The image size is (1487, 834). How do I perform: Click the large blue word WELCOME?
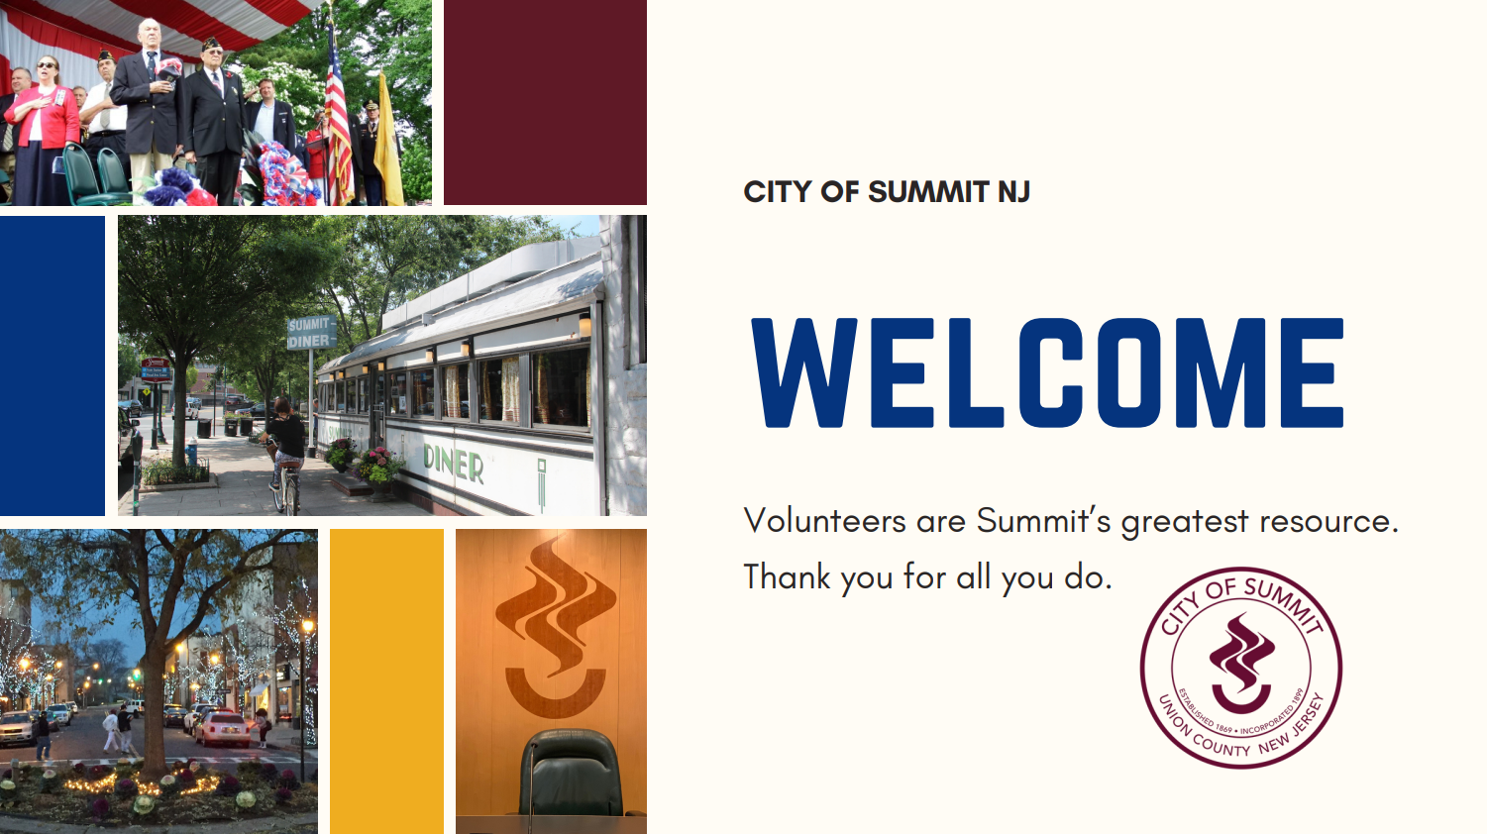(x=1047, y=372)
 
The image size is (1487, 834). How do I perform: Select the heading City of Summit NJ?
(x=887, y=192)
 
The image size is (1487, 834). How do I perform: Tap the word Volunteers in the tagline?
(x=824, y=520)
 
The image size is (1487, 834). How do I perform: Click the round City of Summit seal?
(x=1240, y=668)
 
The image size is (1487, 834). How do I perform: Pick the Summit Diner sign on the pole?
(x=311, y=333)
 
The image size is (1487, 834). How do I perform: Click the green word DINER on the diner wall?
(x=454, y=464)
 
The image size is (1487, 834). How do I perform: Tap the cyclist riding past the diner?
(x=285, y=451)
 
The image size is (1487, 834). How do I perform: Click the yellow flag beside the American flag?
(x=387, y=143)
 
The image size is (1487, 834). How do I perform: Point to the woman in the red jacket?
(x=46, y=130)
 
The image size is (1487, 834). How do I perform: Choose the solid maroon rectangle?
(x=545, y=102)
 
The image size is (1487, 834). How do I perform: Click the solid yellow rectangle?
(x=386, y=681)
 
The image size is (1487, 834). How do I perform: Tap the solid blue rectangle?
(x=53, y=365)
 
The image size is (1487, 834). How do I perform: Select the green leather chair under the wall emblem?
(x=571, y=773)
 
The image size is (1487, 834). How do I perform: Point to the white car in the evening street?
(x=222, y=728)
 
